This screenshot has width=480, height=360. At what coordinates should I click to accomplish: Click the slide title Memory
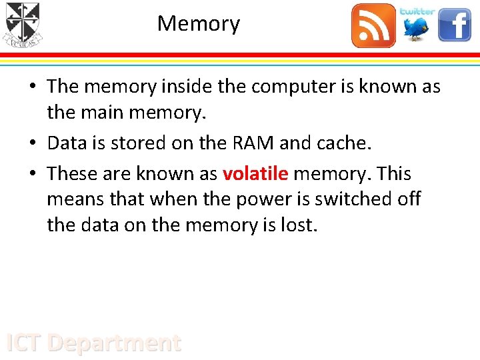[199, 24]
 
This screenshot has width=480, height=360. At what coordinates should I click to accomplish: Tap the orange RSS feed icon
[373, 25]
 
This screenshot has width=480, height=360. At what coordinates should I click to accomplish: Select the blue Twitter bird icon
[417, 25]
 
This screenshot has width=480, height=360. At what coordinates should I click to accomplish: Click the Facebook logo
[455, 25]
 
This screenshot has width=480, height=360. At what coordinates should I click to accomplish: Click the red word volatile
[255, 174]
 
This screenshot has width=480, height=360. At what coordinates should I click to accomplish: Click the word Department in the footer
[115, 343]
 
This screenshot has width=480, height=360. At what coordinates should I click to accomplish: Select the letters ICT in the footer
[24, 343]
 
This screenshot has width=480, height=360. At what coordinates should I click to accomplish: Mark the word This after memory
[394, 174]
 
